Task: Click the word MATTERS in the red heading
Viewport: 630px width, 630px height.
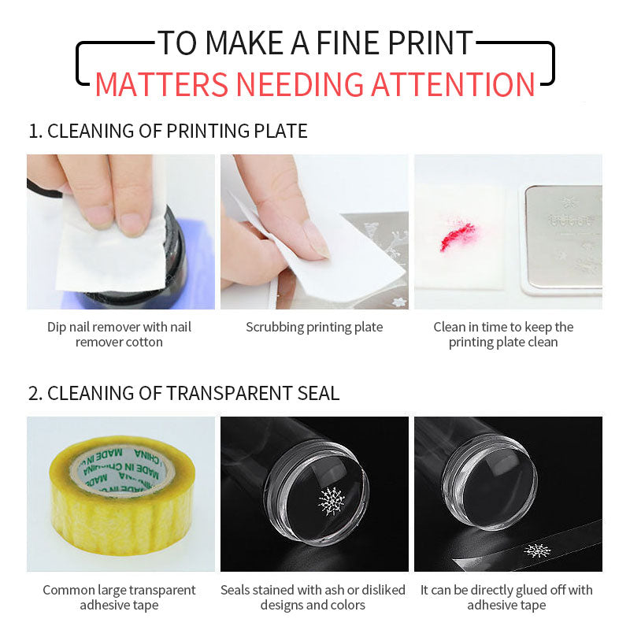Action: click(161, 84)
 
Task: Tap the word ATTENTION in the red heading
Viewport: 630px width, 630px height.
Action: click(453, 84)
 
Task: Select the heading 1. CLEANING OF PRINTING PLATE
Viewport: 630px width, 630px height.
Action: click(168, 131)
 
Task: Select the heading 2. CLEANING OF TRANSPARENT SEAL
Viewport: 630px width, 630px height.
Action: click(183, 393)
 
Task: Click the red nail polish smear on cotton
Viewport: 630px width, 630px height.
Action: click(458, 236)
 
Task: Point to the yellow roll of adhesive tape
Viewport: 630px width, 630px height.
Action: click(122, 496)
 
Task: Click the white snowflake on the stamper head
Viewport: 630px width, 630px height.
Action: click(332, 501)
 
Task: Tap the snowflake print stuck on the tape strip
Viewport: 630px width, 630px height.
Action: click(538, 550)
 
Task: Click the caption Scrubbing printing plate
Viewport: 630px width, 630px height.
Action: click(314, 327)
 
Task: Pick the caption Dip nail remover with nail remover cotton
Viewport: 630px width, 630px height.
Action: click(120, 334)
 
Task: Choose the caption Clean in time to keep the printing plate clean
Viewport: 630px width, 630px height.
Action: click(503, 334)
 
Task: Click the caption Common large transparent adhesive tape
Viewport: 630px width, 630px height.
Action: click(120, 598)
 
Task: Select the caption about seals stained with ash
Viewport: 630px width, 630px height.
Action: click(313, 598)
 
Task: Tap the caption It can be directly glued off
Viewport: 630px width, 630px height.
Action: click(506, 598)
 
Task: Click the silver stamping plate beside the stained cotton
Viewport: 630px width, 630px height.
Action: click(564, 237)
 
